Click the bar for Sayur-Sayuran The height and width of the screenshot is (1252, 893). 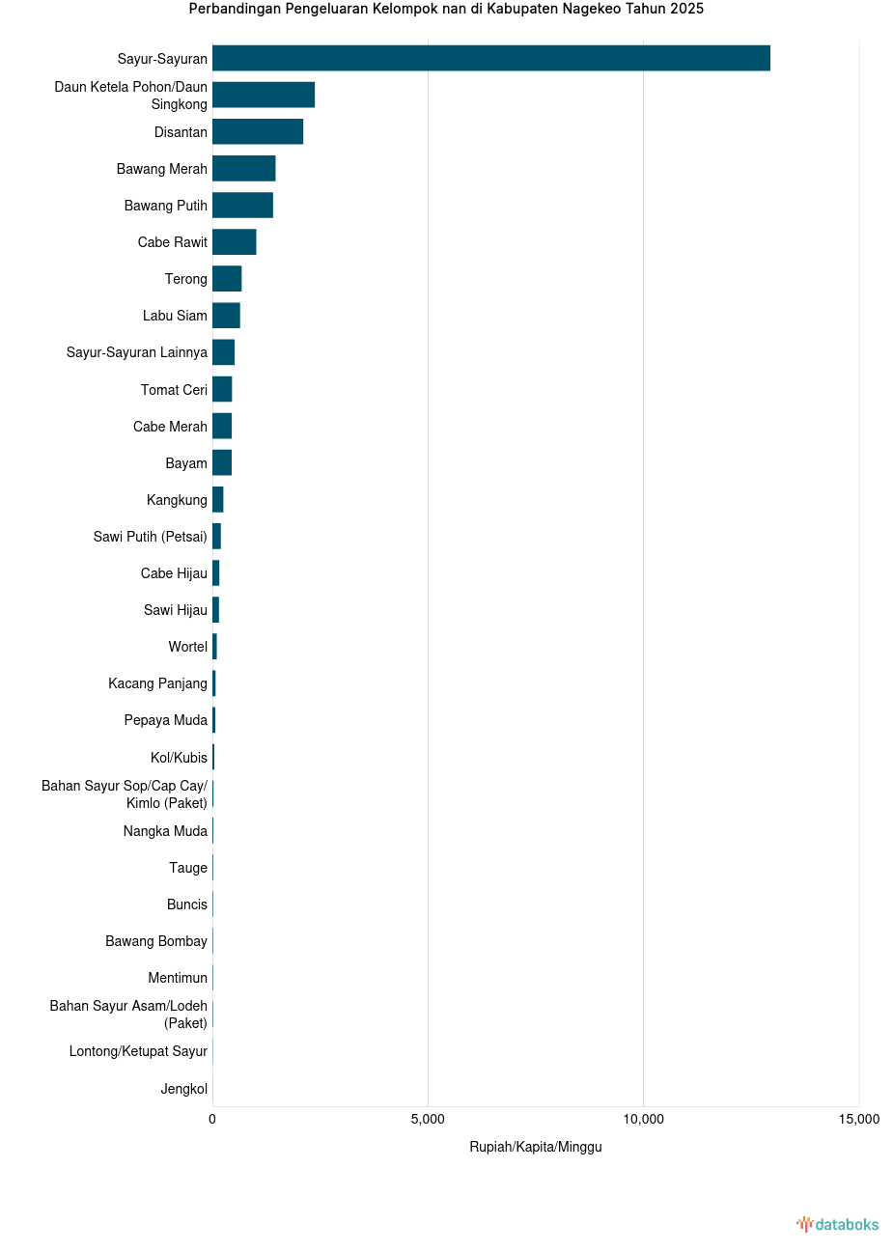point(490,58)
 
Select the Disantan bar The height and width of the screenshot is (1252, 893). point(258,131)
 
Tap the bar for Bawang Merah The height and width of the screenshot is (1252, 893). point(243,168)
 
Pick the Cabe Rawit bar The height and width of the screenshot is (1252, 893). point(234,241)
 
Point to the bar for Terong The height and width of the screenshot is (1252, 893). point(227,279)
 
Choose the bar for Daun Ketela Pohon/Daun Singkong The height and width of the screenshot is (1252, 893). point(264,95)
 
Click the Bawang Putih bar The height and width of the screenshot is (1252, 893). point(242,205)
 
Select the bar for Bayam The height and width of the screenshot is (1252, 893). point(222,462)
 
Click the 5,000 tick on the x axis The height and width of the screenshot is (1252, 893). point(428,1119)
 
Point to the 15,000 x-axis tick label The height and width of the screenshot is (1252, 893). point(858,1119)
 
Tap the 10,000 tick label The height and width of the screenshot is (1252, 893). point(643,1119)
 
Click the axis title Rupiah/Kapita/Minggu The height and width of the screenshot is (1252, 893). point(535,1147)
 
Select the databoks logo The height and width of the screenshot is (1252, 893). point(838,1224)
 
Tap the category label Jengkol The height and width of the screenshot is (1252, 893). point(183,1089)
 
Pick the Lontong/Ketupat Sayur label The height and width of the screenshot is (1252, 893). point(138,1051)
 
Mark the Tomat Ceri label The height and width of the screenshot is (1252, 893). point(174,390)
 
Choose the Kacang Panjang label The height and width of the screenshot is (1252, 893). point(157,683)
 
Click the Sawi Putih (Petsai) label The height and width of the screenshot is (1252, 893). point(150,537)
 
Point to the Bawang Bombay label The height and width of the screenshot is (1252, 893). point(156,941)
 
